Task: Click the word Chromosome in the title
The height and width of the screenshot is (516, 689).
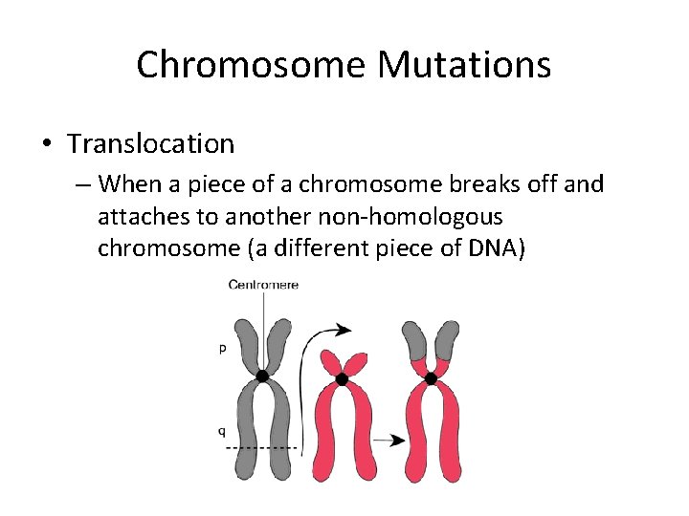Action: [251, 65]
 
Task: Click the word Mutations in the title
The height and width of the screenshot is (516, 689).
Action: [463, 65]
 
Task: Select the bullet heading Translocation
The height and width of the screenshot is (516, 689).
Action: [150, 144]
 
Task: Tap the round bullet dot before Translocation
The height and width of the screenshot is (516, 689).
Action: [45, 145]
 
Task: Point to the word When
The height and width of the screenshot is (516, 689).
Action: [131, 183]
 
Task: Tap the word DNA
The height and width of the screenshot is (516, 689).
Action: [493, 248]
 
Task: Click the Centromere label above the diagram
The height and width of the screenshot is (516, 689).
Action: [263, 285]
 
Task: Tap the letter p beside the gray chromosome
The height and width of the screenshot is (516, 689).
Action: [223, 349]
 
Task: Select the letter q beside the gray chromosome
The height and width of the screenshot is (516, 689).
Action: [222, 431]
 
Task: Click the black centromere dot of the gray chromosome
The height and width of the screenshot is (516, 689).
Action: [262, 376]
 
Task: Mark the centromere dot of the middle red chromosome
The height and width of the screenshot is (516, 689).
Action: [342, 379]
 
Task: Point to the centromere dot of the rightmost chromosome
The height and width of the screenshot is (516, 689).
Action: [431, 378]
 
